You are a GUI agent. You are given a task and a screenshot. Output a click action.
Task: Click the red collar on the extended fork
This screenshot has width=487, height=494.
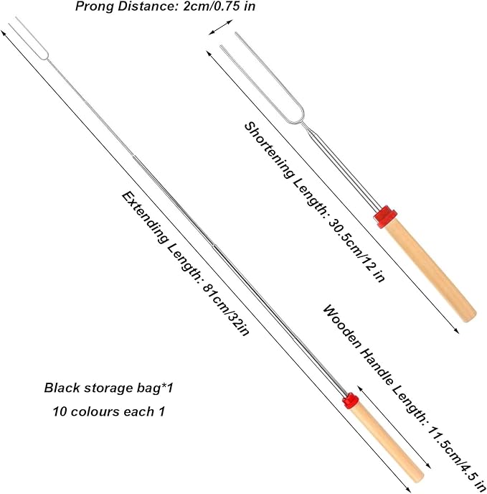351,401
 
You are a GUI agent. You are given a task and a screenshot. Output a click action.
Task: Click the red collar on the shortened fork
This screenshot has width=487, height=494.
385,217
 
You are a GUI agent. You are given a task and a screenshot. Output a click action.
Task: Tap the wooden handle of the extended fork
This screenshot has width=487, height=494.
388,444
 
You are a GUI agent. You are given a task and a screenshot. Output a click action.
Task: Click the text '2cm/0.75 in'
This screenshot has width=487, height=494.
219,6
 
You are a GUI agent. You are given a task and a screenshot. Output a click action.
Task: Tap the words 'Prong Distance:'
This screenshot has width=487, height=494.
128,6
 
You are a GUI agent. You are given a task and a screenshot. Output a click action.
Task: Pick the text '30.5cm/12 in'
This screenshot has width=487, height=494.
357,251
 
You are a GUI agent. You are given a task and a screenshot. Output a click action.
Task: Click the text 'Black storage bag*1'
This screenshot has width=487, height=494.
108,388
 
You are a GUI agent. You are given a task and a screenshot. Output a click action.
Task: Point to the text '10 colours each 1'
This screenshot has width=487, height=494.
109,411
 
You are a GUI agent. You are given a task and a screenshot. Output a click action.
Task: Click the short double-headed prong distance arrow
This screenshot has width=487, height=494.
221,27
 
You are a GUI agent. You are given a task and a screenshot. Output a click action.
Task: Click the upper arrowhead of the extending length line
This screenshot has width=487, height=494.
3,32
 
